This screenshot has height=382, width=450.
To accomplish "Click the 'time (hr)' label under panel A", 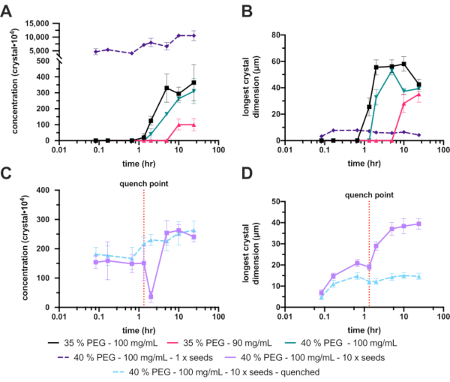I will (137, 163).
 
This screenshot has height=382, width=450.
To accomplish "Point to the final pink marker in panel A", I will (194, 125).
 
